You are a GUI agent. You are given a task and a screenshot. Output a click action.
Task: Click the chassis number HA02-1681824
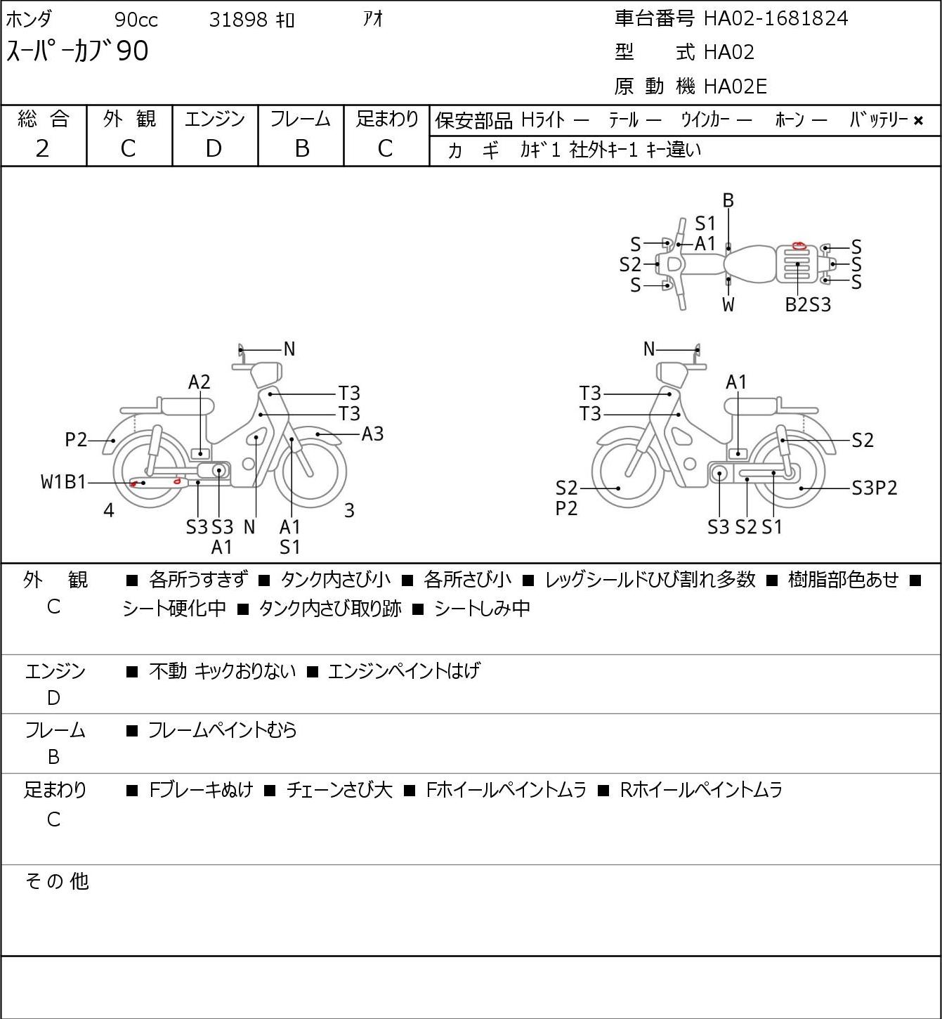pos(776,19)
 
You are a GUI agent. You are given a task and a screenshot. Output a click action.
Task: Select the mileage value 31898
pos(238,20)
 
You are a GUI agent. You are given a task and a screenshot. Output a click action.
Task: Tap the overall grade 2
pos(43,148)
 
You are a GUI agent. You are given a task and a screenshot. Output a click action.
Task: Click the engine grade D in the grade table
pos(214,148)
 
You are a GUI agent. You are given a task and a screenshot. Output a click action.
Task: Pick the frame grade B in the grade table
pos(301,148)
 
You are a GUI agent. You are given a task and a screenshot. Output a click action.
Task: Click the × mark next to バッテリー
pos(918,121)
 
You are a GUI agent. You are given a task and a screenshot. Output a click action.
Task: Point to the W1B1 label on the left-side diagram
pos(63,482)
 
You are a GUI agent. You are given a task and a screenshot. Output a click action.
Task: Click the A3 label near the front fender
pos(372,434)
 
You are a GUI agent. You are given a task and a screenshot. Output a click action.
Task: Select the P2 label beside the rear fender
pos(76,440)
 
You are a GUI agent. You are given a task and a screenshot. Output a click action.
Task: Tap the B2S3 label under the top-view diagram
pos(808,305)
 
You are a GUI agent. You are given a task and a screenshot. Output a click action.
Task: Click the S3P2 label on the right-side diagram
pos(875,488)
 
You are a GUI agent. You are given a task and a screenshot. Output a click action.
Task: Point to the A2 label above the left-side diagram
pos(199,382)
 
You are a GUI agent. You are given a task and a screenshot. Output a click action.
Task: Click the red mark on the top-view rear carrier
pos(799,246)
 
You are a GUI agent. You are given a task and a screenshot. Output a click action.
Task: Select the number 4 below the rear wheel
pos(108,510)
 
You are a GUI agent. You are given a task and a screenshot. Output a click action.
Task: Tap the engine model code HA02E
pos(735,86)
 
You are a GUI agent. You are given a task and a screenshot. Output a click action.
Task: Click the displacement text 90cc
pos(136,20)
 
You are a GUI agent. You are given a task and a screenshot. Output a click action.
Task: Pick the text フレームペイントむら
pos(222,729)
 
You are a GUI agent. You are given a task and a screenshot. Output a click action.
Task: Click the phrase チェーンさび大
pos(339,790)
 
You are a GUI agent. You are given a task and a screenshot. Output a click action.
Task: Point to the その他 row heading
pos(57,881)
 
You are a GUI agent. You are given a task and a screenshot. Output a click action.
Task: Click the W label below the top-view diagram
pos(728,305)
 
